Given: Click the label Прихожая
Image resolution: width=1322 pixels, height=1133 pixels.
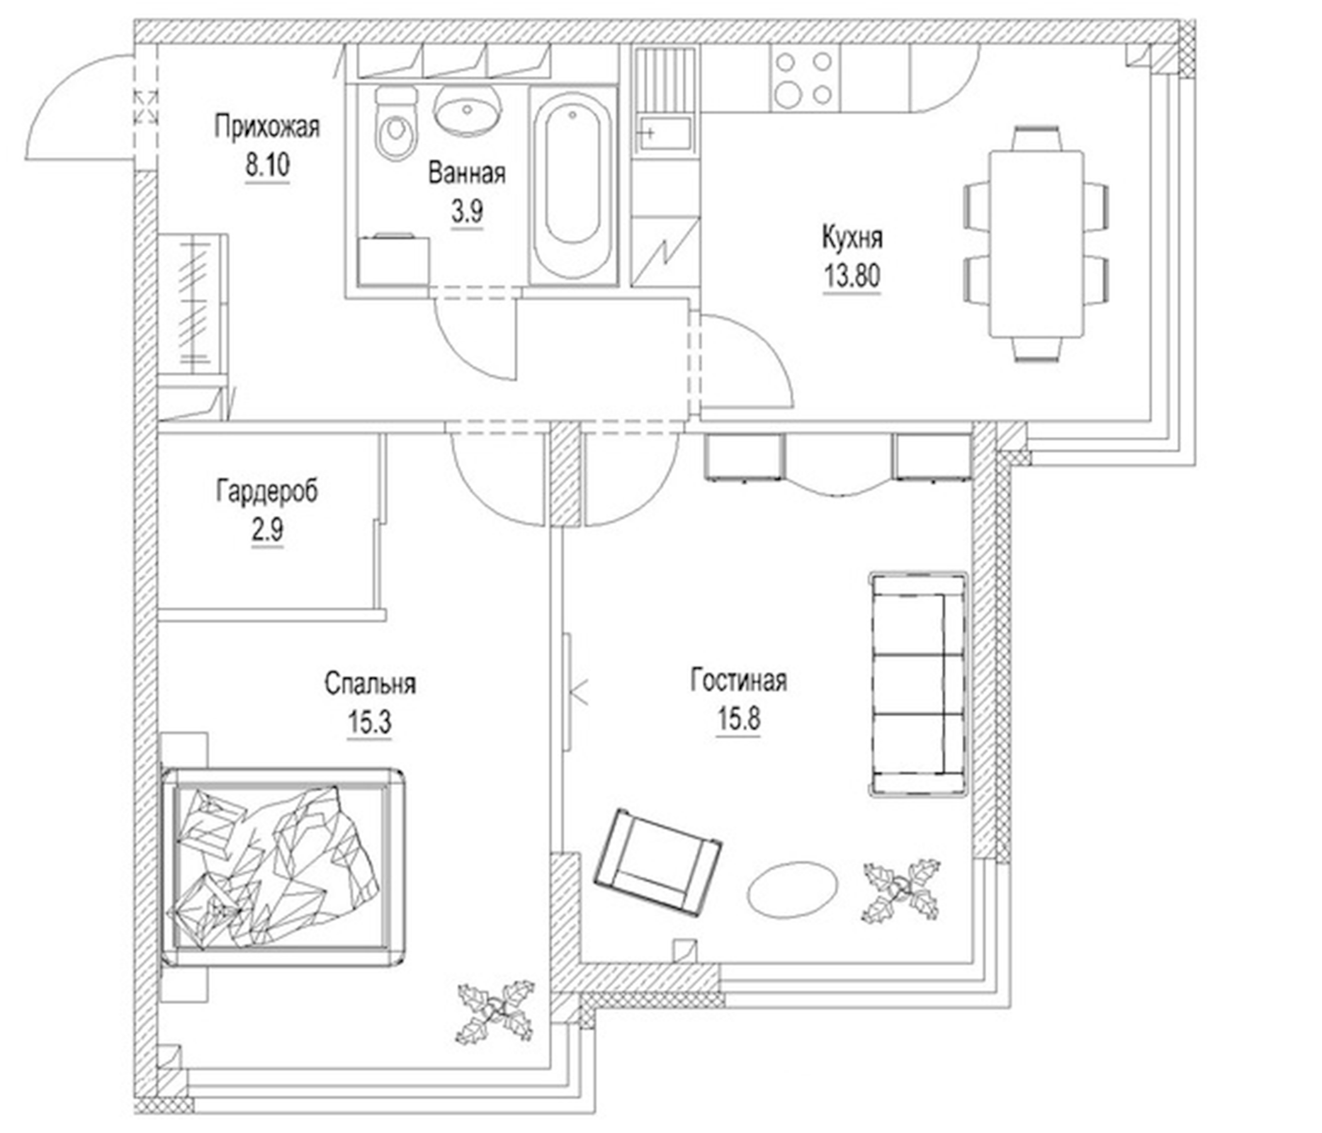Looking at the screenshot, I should (267, 127).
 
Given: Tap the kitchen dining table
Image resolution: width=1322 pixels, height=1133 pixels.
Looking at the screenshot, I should (1036, 244).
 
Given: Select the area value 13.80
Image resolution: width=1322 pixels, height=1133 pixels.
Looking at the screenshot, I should (852, 276).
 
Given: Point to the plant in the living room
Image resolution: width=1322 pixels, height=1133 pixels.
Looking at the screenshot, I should (901, 889).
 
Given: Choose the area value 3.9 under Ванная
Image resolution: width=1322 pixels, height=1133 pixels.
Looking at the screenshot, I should (467, 211).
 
